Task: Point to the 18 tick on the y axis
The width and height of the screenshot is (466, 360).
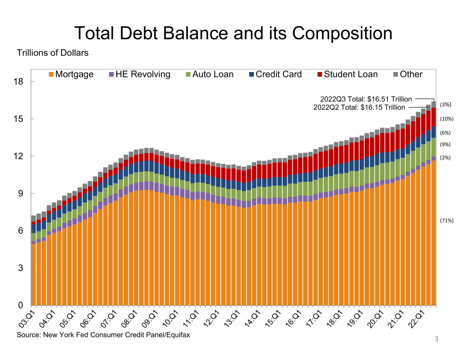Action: click(19, 82)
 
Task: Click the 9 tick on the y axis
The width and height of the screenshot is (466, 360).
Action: click(22, 193)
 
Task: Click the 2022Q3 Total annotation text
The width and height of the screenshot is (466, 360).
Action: click(366, 99)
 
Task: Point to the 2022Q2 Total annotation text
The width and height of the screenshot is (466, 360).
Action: click(359, 107)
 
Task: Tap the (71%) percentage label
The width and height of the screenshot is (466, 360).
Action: click(447, 220)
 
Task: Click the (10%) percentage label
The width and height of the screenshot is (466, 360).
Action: click(447, 119)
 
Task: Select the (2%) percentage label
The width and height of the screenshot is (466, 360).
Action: click(445, 158)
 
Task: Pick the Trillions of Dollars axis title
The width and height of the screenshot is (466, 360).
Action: click(53, 53)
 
